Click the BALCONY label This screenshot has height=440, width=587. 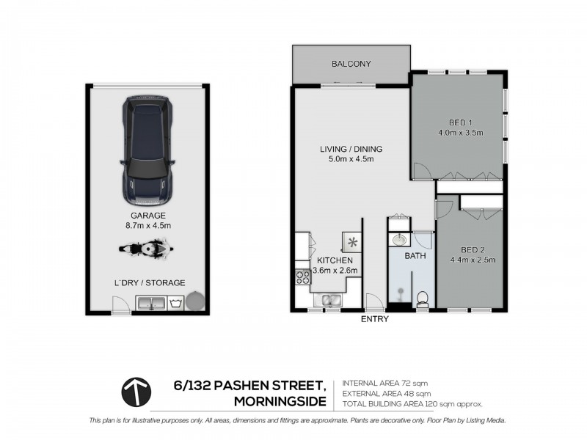[x=351, y=65]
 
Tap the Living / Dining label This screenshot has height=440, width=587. [x=351, y=150]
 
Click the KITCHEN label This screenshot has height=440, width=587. [x=335, y=260]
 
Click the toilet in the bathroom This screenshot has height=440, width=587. [x=422, y=297]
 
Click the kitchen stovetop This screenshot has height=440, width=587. [x=302, y=276]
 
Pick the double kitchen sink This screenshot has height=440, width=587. [x=327, y=299]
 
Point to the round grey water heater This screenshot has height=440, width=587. [x=196, y=301]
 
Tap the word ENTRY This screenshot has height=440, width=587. [x=375, y=320]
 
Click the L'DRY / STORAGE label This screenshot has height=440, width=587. [x=149, y=282]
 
